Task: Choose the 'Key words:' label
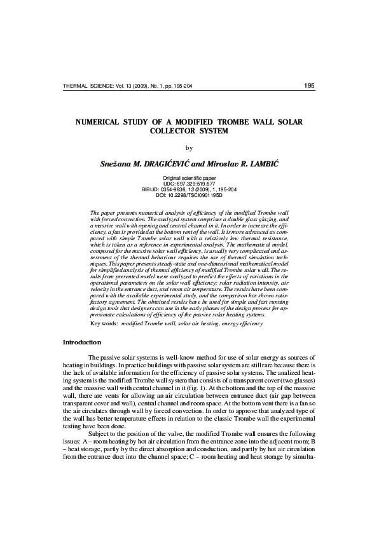pyautogui.click(x=104, y=323)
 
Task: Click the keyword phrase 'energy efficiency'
pyautogui.click(x=240, y=323)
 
